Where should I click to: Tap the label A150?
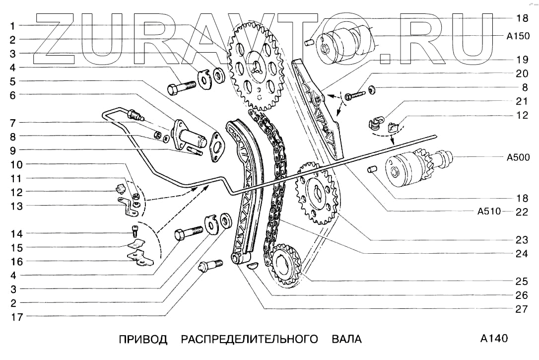[518, 36]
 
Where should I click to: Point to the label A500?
[518, 158]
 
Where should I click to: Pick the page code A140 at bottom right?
[494, 339]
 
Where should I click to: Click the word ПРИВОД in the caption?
[142, 340]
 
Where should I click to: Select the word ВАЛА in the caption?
[346, 340]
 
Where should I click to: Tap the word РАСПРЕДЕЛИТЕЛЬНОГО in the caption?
[249, 340]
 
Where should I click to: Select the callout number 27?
[521, 309]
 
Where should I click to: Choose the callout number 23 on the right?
[521, 240]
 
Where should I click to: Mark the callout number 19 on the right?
[521, 60]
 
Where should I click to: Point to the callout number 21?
[521, 101]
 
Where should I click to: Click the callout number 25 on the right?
[521, 281]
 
